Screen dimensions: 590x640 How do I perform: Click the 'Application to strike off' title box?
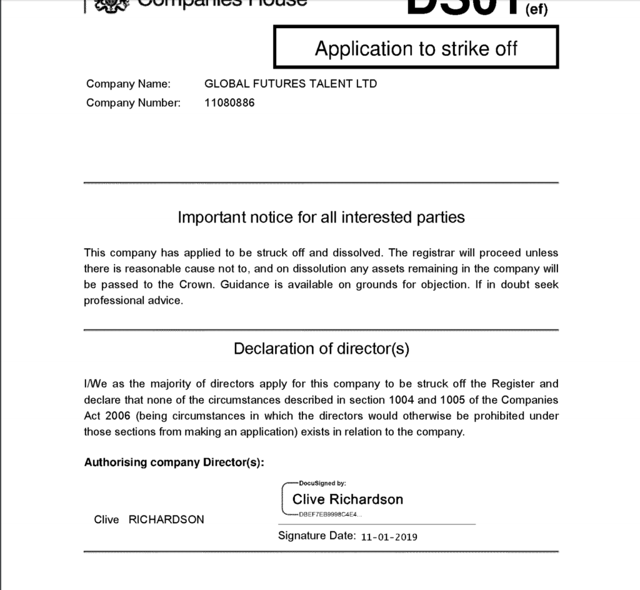point(416,48)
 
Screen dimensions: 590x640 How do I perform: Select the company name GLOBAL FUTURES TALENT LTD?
point(291,84)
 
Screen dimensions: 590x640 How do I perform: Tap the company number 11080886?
point(229,102)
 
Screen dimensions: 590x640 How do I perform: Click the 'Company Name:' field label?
point(128,84)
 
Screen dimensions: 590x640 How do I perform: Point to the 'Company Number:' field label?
point(133,102)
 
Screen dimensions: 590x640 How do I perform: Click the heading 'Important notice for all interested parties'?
point(321,217)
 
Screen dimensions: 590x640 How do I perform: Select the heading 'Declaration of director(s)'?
point(321,349)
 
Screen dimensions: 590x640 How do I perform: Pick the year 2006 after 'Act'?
point(116,416)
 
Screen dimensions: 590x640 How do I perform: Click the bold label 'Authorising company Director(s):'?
point(174,462)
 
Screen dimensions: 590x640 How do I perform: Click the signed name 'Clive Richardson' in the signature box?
point(347,499)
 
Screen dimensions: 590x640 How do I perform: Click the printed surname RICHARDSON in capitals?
point(166,519)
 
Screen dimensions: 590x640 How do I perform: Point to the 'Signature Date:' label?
point(317,536)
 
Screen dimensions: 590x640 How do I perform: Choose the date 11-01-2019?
point(389,537)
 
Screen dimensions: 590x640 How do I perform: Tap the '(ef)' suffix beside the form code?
point(536,11)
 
